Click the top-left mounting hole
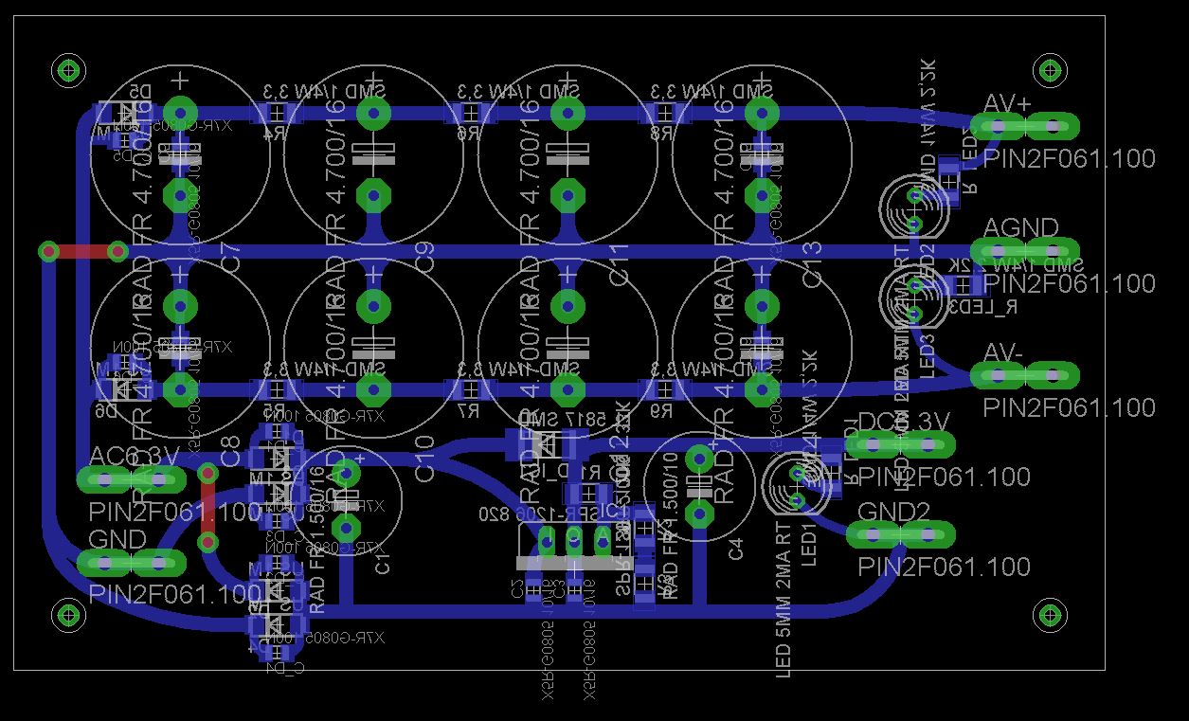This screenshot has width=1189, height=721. click(x=68, y=69)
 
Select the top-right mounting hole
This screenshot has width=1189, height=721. click(x=1050, y=69)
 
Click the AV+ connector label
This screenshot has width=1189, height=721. click(x=1007, y=103)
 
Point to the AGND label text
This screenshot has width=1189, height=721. click(x=1020, y=228)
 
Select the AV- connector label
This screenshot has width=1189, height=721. click(x=1003, y=352)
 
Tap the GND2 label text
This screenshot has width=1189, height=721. click(x=893, y=512)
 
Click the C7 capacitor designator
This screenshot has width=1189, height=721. click(x=230, y=262)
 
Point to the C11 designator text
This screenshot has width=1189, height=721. click(x=619, y=263)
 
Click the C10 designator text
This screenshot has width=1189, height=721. click(x=425, y=459)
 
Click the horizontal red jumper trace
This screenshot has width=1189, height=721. click(x=82, y=252)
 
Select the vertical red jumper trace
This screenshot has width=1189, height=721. click(x=207, y=506)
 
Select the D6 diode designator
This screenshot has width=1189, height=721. click(x=106, y=410)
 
